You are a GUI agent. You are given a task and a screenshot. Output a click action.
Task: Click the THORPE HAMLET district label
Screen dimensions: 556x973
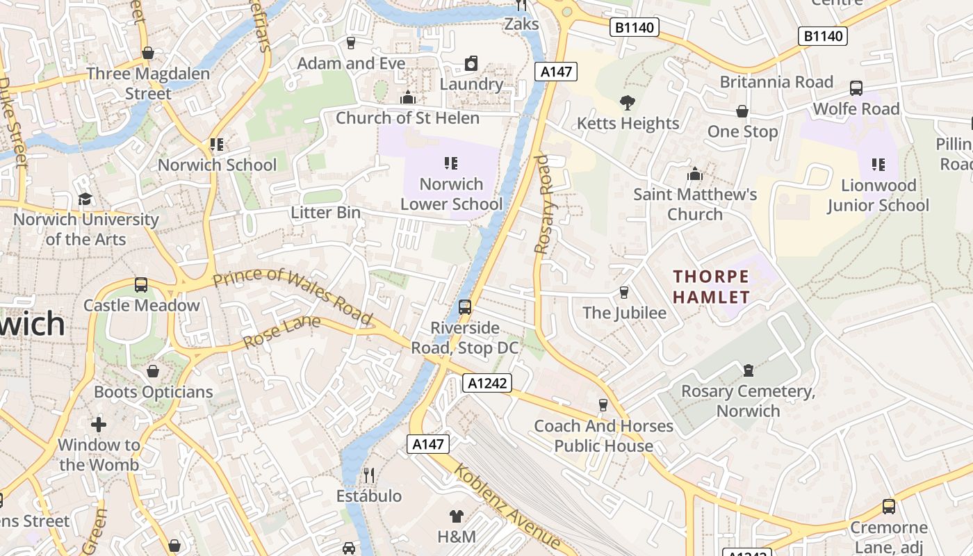click(711, 287)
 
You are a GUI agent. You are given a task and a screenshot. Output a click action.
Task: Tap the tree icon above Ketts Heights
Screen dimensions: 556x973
click(628, 104)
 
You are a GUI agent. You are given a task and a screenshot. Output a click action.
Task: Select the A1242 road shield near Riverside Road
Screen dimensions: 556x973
click(488, 382)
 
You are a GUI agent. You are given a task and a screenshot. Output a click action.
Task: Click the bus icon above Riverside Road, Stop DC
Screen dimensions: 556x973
click(465, 306)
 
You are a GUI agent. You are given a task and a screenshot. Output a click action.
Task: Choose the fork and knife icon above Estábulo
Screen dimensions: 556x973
click(369, 475)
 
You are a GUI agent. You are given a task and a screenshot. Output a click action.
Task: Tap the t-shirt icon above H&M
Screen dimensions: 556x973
click(456, 516)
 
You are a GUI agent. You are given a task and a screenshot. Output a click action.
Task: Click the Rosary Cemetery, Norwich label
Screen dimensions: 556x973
click(748, 401)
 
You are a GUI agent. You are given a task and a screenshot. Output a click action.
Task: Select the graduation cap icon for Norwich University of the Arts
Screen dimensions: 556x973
click(85, 199)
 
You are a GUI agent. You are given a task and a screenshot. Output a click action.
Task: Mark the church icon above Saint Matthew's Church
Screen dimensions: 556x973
click(694, 174)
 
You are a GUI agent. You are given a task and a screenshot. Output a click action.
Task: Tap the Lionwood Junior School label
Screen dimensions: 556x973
click(878, 195)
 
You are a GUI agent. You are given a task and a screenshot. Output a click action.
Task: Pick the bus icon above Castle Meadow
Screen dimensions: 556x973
click(141, 284)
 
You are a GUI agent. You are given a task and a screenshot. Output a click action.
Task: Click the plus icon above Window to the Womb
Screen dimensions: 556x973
click(99, 424)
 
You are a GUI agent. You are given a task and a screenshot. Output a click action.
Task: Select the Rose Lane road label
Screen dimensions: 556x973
click(281, 333)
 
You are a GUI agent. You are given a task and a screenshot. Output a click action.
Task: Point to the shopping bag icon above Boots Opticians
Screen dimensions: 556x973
click(153, 371)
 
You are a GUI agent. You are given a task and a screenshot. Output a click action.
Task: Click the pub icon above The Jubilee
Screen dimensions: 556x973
click(624, 292)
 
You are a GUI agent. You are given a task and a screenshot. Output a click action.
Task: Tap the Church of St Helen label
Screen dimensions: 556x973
click(407, 118)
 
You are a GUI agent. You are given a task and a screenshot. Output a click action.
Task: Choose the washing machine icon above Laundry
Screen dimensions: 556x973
click(471, 63)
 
